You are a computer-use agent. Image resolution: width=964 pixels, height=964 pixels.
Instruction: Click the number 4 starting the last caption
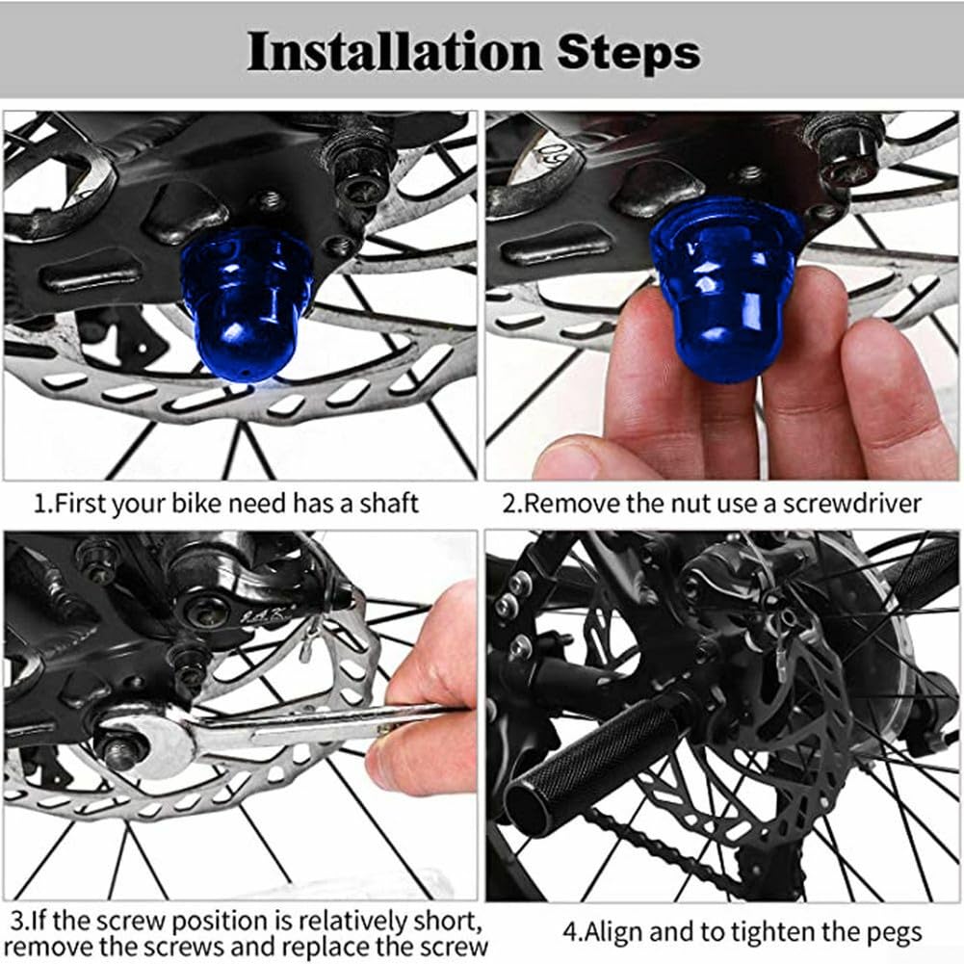[x=569, y=931]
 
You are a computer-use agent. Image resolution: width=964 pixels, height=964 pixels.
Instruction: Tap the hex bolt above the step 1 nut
[x=357, y=164]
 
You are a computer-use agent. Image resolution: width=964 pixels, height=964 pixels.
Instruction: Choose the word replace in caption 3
[x=335, y=945]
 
